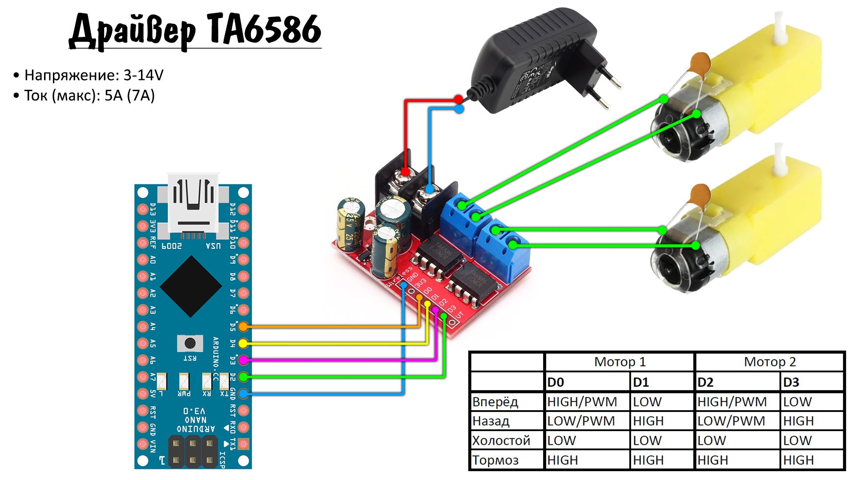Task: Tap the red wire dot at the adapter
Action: [x=459, y=99]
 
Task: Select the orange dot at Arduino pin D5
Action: [x=243, y=327]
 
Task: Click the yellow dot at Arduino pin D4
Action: [x=243, y=343]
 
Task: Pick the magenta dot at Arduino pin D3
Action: [x=243, y=360]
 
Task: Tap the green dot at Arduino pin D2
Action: [x=243, y=377]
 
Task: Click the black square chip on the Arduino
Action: [x=191, y=286]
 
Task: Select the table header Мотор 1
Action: [x=620, y=362]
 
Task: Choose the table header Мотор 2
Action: [x=769, y=362]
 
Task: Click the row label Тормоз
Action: [x=495, y=460]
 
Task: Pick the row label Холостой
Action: [x=501, y=440]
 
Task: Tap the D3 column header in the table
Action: [x=791, y=382]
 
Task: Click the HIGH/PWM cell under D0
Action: [x=582, y=402]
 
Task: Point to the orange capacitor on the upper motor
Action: [x=700, y=62]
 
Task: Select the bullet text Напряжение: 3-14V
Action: [x=94, y=75]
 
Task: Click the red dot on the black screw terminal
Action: [x=405, y=172]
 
